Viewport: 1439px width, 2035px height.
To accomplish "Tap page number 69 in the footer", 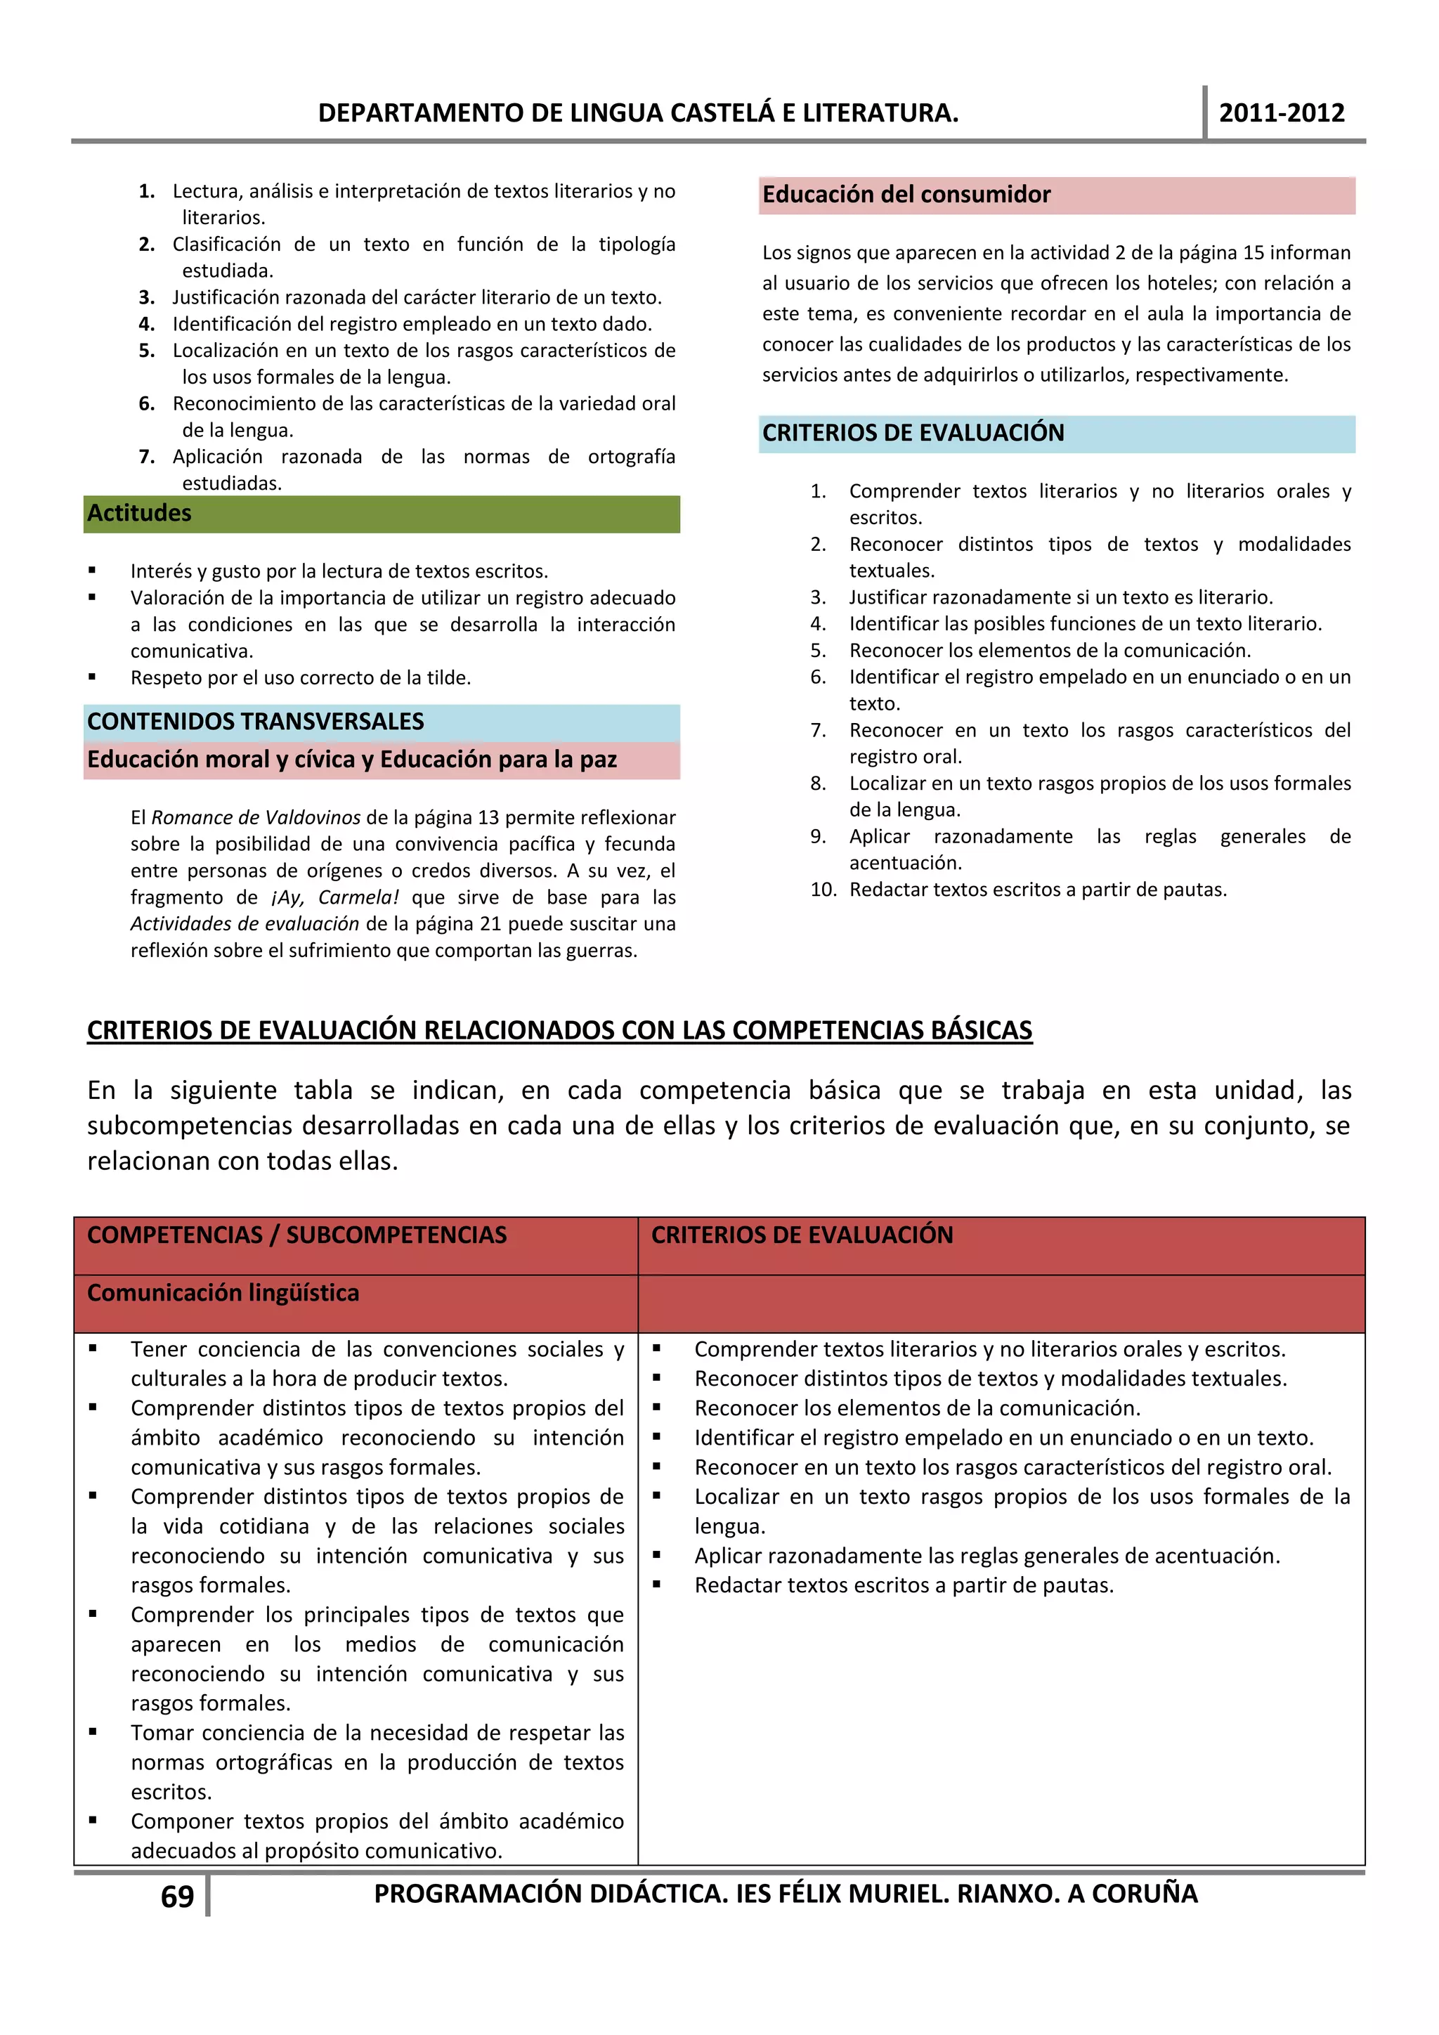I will point(177,1896).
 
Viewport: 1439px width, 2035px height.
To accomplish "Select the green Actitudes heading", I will point(139,513).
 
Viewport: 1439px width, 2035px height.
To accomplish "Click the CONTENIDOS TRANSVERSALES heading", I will point(255,722).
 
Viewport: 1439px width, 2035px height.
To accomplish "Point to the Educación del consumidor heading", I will point(906,195).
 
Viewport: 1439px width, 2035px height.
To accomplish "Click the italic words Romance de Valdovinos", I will point(256,817).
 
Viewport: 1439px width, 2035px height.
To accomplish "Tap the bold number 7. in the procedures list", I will point(146,457).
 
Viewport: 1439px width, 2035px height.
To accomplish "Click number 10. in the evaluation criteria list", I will point(823,889).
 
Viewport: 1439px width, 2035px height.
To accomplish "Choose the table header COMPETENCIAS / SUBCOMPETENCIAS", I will point(297,1235).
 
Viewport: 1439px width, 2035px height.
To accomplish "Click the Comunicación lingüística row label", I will point(223,1293).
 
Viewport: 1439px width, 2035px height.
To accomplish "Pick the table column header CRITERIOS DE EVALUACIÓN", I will point(802,1235).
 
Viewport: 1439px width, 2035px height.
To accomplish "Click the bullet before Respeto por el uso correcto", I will point(92,677).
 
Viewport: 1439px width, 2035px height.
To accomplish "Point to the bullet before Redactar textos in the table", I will point(656,1585).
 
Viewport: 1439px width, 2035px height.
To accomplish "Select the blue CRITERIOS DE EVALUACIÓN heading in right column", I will point(913,433).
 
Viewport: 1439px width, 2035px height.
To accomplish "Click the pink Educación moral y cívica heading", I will point(352,760).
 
